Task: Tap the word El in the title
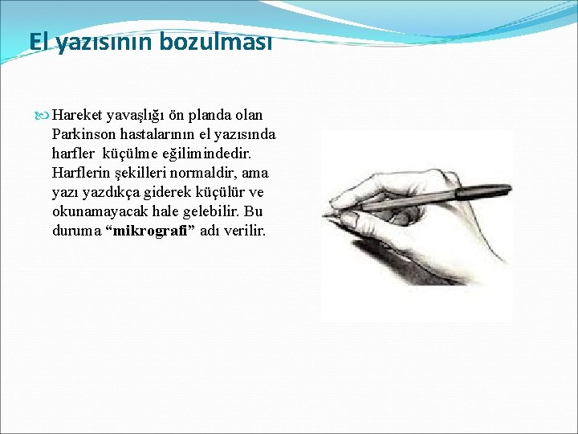(x=38, y=41)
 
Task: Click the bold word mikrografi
(x=150, y=231)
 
